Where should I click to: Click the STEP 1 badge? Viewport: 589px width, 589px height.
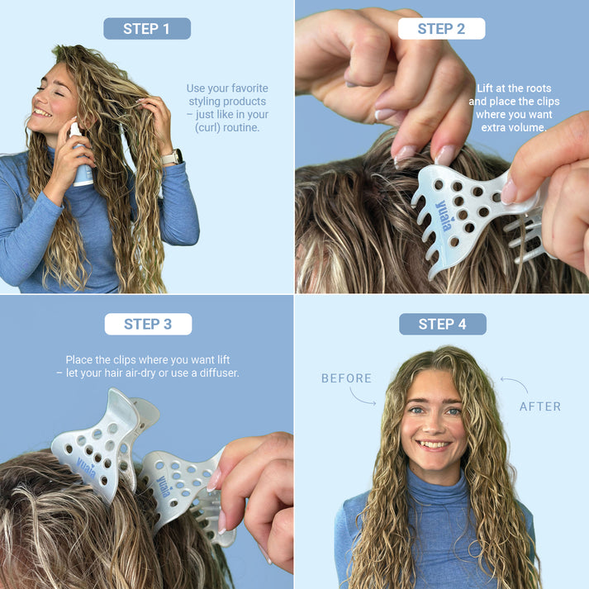pos(146,29)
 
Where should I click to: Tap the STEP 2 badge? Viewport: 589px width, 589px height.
pos(441,29)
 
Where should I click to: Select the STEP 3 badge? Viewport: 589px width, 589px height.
pos(148,324)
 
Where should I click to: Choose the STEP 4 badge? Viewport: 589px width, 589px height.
pos(442,324)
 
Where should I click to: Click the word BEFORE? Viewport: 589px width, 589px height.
pos(346,378)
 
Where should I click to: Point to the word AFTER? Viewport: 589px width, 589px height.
pos(539,406)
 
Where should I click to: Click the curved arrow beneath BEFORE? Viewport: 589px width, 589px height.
pos(362,397)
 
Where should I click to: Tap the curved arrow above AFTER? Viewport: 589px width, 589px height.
pos(514,385)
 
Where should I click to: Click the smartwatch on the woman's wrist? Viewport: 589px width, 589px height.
pos(173,156)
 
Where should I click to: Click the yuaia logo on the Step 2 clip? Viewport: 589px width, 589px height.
pos(444,216)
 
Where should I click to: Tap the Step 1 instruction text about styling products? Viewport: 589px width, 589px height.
pos(227,108)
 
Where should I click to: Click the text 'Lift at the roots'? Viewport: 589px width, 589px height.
pos(514,88)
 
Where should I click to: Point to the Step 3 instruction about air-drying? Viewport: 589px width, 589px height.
pos(147,367)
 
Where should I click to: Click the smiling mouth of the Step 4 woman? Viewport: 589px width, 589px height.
pos(433,444)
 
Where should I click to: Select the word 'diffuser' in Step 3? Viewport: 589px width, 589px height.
pos(216,373)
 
